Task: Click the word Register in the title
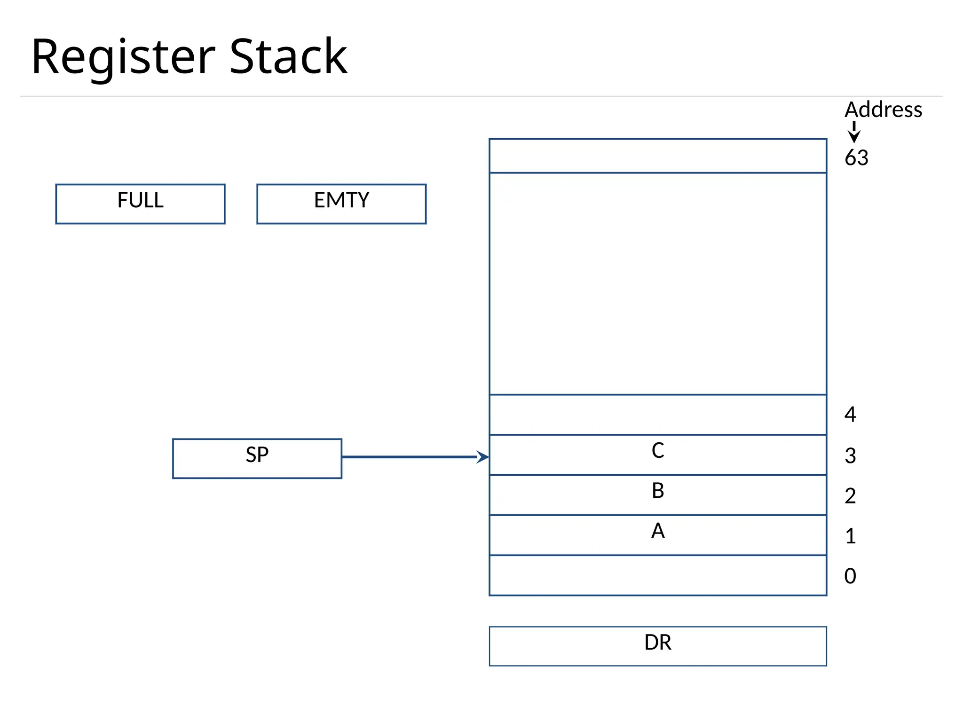(123, 57)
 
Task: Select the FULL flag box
(140, 204)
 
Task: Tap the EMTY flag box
(341, 204)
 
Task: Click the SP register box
(257, 458)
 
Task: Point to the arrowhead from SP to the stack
(483, 456)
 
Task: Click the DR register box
(657, 646)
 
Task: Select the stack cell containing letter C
(657, 455)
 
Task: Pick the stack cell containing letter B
(657, 494)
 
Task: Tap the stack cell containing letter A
(657, 535)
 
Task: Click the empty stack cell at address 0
(657, 575)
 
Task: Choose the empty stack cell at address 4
(657, 414)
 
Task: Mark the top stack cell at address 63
(657, 156)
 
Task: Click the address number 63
(856, 157)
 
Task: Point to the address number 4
(850, 414)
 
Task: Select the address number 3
(850, 455)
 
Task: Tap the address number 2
(850, 496)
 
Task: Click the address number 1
(850, 536)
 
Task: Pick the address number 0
(850, 576)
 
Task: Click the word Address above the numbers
(883, 110)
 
